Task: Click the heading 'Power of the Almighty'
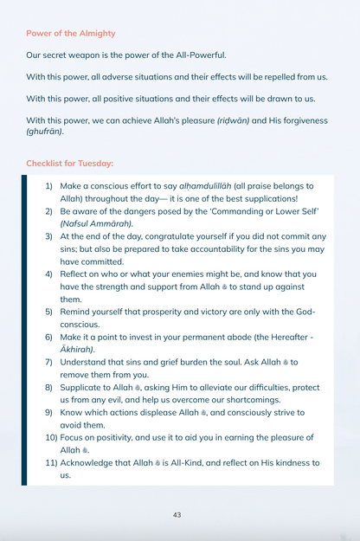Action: coord(70,33)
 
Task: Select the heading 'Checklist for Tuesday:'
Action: coord(69,163)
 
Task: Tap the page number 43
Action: coord(177,514)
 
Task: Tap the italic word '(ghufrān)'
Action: coord(44,131)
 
